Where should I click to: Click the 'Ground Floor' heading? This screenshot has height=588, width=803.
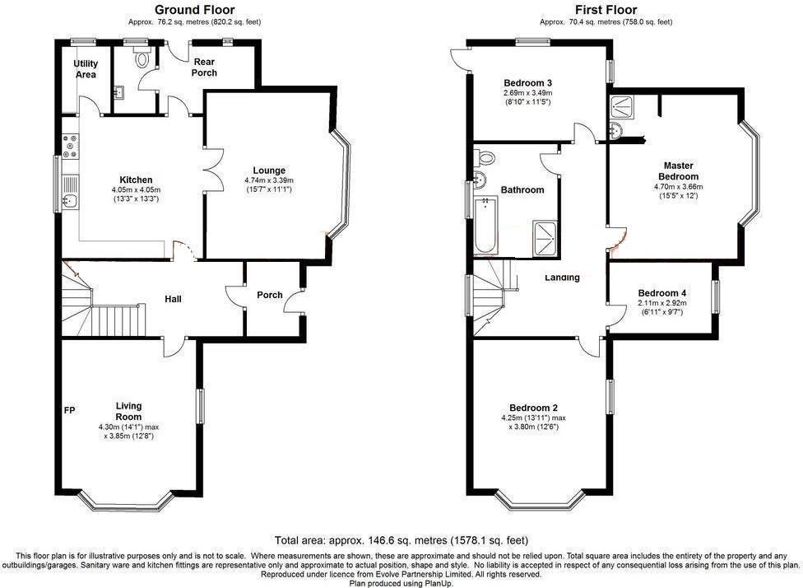click(x=190, y=10)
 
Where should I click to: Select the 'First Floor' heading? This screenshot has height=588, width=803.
click(x=606, y=10)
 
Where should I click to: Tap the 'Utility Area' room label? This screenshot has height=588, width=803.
click(x=86, y=69)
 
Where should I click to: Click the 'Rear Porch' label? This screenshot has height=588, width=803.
click(x=204, y=67)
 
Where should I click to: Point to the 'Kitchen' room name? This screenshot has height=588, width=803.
click(x=136, y=180)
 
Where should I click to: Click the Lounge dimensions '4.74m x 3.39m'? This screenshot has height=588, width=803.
click(x=268, y=180)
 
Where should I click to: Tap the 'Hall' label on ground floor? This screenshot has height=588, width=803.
click(x=173, y=298)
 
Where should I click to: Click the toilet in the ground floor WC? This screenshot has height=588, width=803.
click(x=143, y=58)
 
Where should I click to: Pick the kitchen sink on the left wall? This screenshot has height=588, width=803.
click(x=70, y=201)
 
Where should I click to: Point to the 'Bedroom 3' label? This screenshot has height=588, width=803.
click(x=527, y=83)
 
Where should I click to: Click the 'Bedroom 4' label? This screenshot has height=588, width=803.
click(x=661, y=293)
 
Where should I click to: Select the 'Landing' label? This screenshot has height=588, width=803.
click(x=562, y=278)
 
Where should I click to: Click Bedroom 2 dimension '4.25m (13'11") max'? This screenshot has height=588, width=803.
click(x=532, y=418)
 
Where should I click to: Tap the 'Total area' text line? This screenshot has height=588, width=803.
click(x=401, y=541)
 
